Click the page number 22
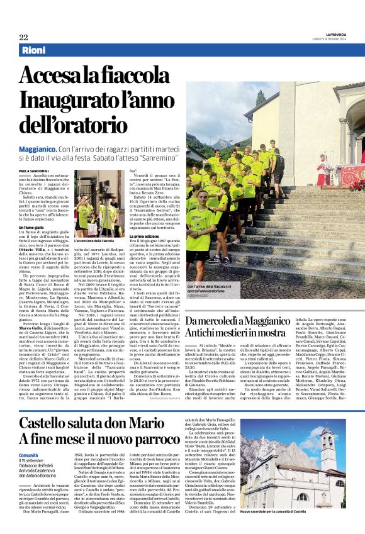tap(23, 37)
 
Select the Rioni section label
tap(33, 50)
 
